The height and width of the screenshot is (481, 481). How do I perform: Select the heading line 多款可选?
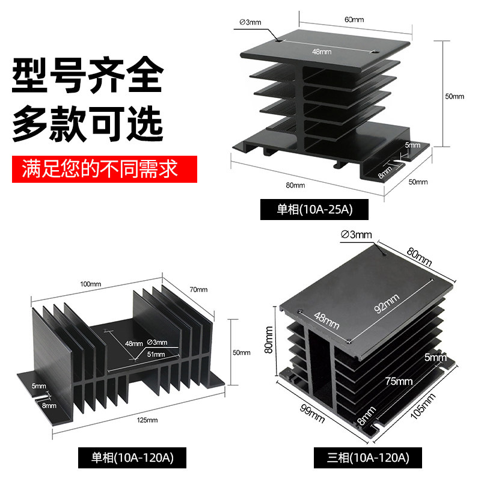tap(88, 123)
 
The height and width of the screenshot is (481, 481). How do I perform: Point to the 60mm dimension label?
tap(354, 20)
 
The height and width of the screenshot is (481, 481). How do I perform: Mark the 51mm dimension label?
tap(155, 354)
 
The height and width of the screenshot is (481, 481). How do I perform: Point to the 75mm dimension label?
tap(399, 381)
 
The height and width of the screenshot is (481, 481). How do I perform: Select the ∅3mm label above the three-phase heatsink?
tap(357, 234)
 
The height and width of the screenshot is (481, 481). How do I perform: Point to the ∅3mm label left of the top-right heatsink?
tap(251, 22)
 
